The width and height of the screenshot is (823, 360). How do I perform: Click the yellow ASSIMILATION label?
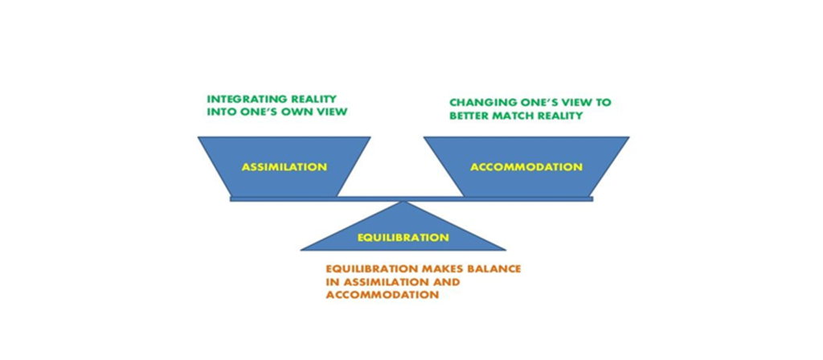pos(284,167)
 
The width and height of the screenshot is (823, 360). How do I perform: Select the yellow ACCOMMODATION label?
pos(526,167)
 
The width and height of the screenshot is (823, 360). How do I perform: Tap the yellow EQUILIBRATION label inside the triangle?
pos(403,237)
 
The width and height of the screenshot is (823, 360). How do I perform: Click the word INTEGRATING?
pos(244,99)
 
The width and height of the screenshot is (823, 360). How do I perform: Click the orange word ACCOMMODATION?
pos(382,295)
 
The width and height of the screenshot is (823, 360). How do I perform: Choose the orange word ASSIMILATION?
pos(382,282)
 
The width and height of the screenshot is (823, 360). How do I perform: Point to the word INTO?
pos(219,112)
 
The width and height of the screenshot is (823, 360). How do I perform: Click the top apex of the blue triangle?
pos(403,202)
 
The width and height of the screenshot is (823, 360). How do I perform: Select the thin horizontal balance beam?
pos(411,199)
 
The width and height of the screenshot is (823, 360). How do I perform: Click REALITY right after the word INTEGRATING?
pos(311,99)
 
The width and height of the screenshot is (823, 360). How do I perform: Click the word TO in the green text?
pos(604,102)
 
